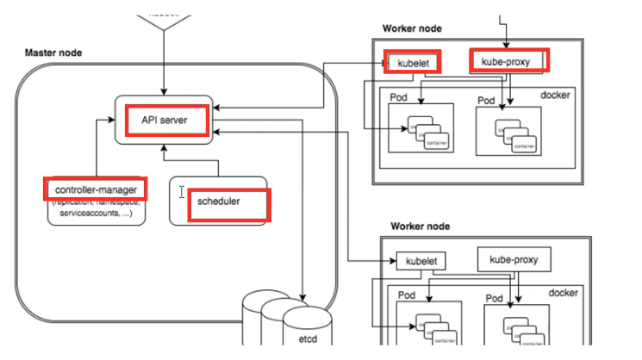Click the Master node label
point(54,53)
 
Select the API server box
point(164,120)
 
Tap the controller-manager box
point(94,189)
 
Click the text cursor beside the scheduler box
point(181,192)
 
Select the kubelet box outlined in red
point(413,61)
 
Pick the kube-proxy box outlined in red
point(510,60)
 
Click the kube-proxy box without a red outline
point(514,258)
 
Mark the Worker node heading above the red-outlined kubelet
point(412,28)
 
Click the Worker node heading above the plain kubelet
point(420,227)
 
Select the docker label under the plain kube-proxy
point(564,293)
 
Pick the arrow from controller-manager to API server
point(97,146)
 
